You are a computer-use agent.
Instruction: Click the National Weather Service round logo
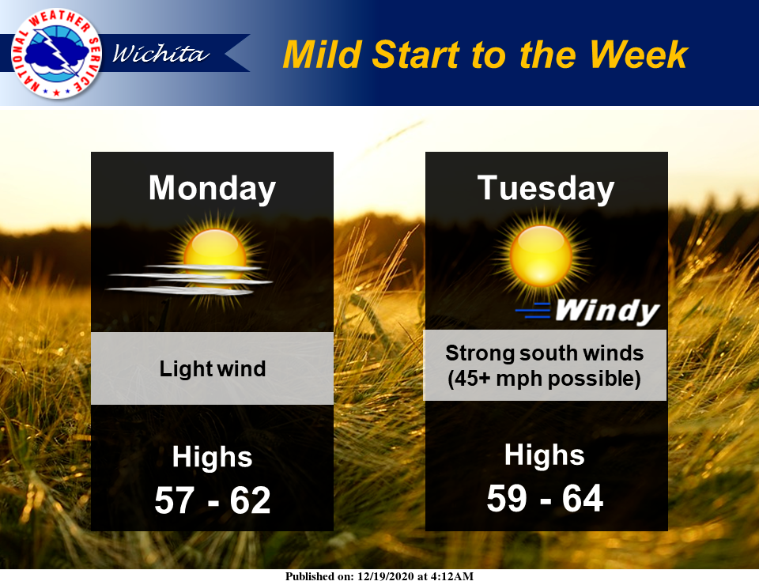click(x=56, y=53)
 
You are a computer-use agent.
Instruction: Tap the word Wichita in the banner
click(x=160, y=53)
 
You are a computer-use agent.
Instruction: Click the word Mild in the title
click(x=323, y=55)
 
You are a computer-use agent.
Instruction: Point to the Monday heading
click(x=212, y=189)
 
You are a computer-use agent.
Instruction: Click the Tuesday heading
click(x=546, y=189)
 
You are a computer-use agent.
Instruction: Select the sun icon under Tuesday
click(x=541, y=255)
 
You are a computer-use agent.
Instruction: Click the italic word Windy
click(x=607, y=310)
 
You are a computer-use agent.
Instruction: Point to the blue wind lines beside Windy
click(x=533, y=310)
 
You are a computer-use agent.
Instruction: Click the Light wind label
click(x=213, y=368)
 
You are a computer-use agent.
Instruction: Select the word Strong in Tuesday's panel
click(x=480, y=353)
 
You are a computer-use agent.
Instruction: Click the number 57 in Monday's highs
click(x=174, y=500)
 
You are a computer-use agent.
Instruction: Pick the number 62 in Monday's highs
click(x=250, y=500)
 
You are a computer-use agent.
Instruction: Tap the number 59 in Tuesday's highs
click(x=507, y=498)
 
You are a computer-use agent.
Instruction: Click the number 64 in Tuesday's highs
click(x=583, y=498)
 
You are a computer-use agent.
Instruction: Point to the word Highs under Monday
click(x=212, y=458)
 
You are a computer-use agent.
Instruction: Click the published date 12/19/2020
click(x=386, y=576)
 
